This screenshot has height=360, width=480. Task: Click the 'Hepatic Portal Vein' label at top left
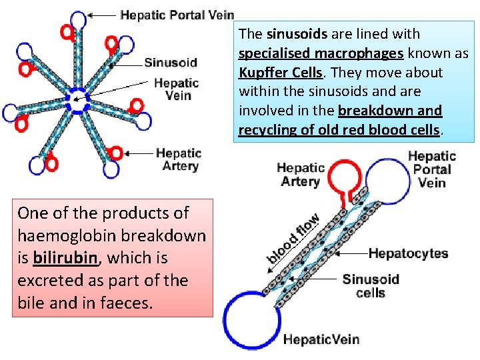coord(177,15)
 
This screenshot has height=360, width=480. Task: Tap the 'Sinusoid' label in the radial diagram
coord(171,63)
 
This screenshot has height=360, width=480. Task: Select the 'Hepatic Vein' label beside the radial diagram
coord(176,89)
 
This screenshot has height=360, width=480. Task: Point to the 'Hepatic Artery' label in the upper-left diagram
coord(179,159)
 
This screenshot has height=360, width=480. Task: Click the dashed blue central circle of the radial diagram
coord(77,101)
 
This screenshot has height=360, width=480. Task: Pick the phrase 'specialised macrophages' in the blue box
coord(320,53)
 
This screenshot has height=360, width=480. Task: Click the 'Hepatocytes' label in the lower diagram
coord(408,253)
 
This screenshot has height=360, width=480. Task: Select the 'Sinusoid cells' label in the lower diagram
coord(370,285)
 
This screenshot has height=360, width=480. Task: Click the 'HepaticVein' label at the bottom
coord(321,339)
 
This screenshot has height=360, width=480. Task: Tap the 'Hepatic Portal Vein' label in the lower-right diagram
coord(431,169)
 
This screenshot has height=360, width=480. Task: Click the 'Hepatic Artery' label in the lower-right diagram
coord(300,174)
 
